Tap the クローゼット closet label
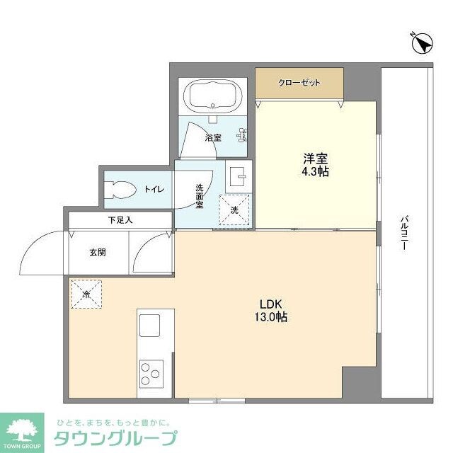click(x=299, y=83)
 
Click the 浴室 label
click(x=213, y=137)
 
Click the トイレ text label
click(x=154, y=189)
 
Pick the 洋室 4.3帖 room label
click(x=315, y=165)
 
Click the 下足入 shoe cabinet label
click(x=120, y=220)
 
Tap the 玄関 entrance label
click(x=98, y=252)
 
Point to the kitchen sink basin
click(x=151, y=326)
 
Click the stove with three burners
click(x=151, y=373)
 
